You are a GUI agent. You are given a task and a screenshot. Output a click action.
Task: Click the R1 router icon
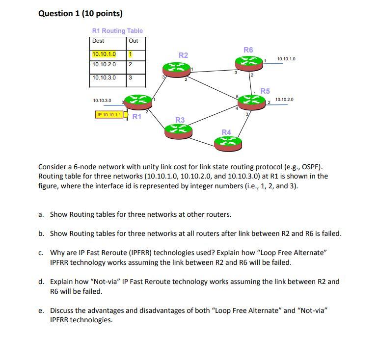(x=139, y=102)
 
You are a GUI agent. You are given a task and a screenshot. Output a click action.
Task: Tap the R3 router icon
(x=178, y=129)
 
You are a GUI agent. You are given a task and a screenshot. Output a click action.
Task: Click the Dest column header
(x=98, y=41)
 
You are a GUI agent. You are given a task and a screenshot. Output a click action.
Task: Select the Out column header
(x=134, y=41)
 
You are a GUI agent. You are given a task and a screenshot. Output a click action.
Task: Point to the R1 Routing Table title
(x=117, y=30)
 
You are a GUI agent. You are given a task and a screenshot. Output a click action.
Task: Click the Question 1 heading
(x=81, y=14)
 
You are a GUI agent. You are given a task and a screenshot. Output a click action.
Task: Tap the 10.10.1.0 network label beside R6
(x=286, y=59)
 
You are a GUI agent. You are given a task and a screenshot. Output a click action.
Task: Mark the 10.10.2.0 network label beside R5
(x=284, y=100)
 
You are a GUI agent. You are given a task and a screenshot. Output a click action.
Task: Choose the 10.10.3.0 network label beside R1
(x=102, y=101)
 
